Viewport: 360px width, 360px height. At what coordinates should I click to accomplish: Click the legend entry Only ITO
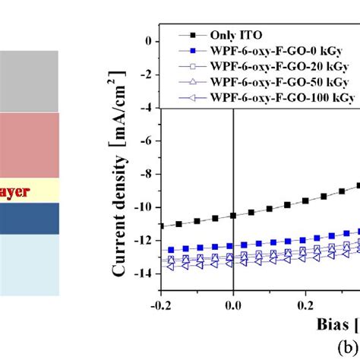(229, 35)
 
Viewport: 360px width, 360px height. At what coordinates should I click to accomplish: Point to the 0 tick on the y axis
(150, 42)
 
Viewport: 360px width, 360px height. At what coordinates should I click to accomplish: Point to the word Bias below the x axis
(333, 325)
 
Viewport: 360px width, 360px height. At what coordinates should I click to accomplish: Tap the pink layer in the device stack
(29, 145)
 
